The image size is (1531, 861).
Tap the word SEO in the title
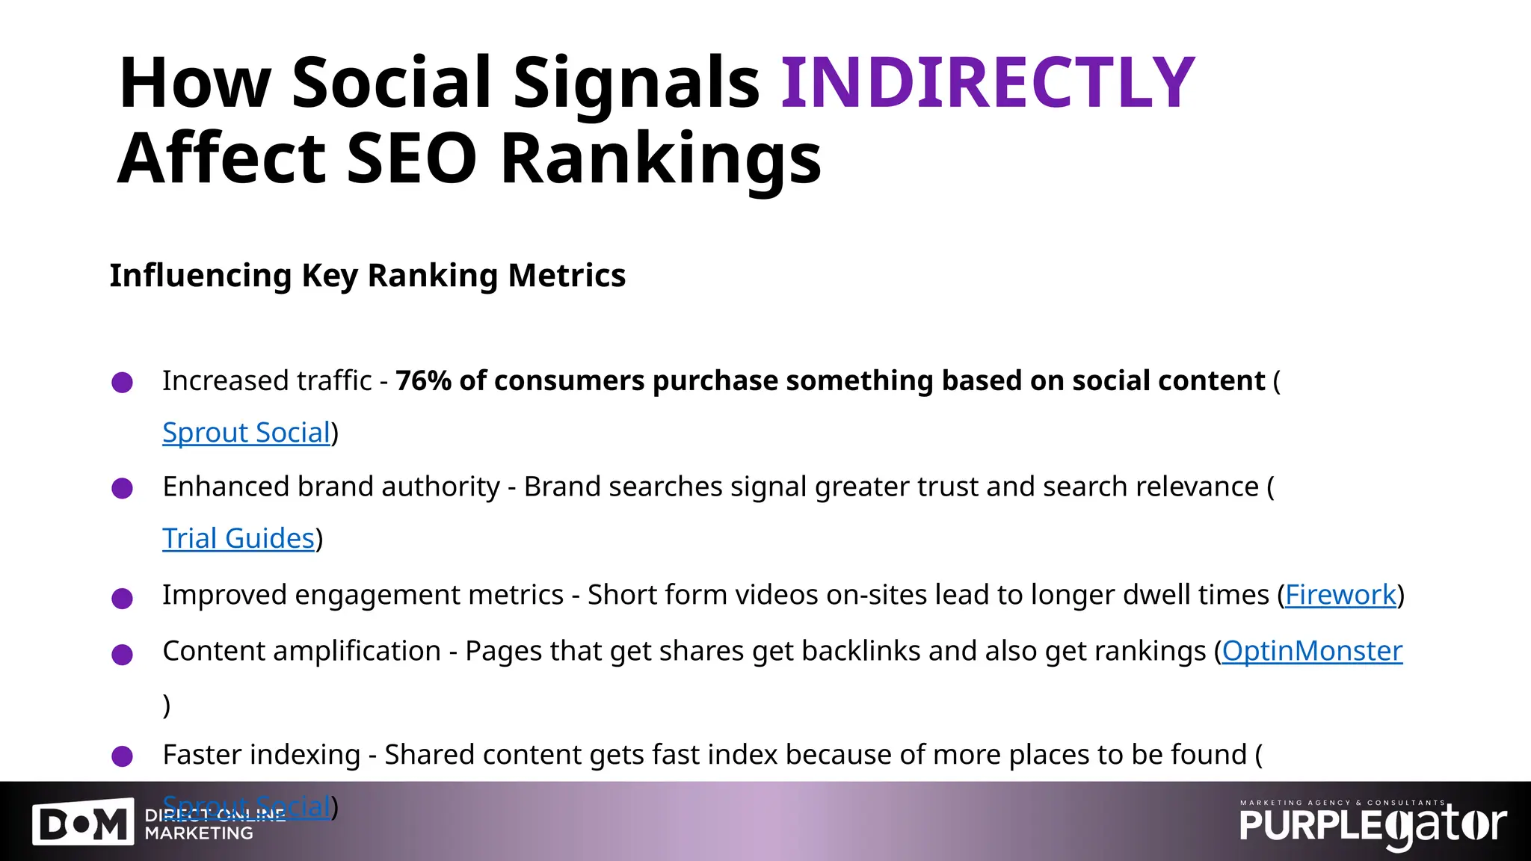412,158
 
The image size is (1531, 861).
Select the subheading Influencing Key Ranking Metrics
367,275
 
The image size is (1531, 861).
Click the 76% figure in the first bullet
423,380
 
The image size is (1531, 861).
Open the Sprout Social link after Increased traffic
246,433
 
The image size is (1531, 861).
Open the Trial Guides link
238,538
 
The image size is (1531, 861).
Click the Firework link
1340,595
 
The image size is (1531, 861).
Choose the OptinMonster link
1311,651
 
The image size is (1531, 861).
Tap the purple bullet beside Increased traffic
122,383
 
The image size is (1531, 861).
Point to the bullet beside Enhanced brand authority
122,489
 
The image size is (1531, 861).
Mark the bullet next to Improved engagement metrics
122,598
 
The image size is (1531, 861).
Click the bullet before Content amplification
122,655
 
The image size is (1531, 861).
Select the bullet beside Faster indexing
122,756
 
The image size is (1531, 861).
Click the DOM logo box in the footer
83,824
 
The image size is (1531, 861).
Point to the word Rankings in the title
660,158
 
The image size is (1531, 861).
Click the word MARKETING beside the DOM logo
199,833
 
